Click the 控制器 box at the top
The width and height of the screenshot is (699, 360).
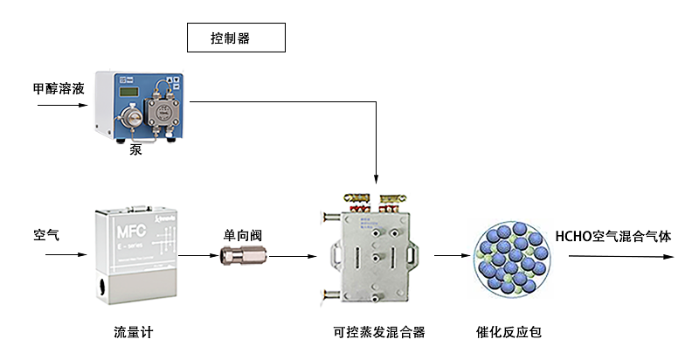236,38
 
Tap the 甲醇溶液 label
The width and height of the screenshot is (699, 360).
58,88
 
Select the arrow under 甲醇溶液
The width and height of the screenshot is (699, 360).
62,106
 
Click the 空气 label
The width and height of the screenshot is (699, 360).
46,235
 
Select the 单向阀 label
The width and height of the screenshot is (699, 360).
243,235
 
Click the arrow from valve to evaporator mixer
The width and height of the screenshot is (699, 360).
292,257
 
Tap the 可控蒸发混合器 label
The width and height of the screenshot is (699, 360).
378,332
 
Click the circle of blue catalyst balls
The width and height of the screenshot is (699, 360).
513,256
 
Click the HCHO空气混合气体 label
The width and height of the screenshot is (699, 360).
613,236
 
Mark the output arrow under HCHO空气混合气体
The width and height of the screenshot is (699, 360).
620,257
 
